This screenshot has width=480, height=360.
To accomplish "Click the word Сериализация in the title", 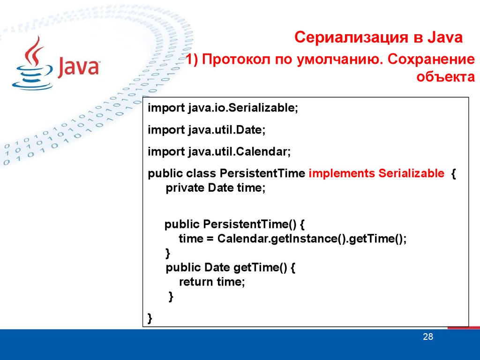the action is [352, 37].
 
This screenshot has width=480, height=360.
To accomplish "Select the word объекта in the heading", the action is [445, 76].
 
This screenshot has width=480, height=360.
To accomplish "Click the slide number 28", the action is [428, 337].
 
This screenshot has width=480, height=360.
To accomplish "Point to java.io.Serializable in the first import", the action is [243, 108].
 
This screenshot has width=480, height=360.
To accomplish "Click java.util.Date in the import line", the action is [226, 130].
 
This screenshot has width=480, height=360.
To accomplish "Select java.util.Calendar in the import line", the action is [239, 151].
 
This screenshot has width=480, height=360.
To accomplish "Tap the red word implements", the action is [342, 173].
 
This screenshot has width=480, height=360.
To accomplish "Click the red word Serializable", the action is [412, 173].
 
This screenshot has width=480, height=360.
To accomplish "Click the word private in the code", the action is [185, 187].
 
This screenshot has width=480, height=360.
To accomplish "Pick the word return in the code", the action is [196, 282].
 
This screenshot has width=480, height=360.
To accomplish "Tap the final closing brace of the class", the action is [150, 318].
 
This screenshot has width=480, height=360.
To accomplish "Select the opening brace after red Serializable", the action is [453, 174].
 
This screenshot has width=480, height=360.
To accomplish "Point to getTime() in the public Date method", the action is [260, 268].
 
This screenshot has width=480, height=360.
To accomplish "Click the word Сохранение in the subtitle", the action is [431, 59].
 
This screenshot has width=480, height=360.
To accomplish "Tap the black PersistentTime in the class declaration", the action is [262, 173].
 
